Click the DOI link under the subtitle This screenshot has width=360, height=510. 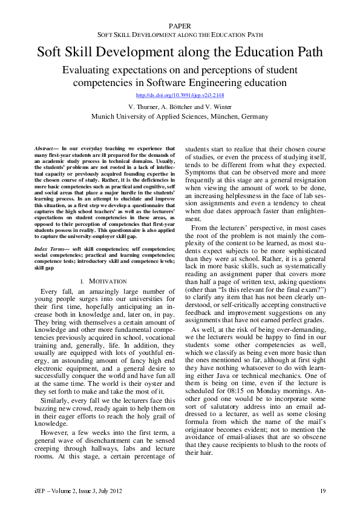180,95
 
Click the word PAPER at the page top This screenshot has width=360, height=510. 180,25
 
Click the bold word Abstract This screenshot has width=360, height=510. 43,148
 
